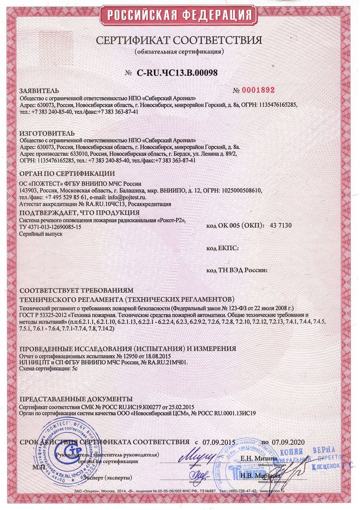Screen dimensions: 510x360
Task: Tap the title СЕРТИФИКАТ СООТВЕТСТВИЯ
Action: point(179,41)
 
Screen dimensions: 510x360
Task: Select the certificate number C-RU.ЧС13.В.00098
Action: point(177,73)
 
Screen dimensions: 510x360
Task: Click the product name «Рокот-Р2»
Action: point(170,220)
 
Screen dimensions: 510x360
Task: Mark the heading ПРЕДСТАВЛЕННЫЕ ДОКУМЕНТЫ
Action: point(76,399)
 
